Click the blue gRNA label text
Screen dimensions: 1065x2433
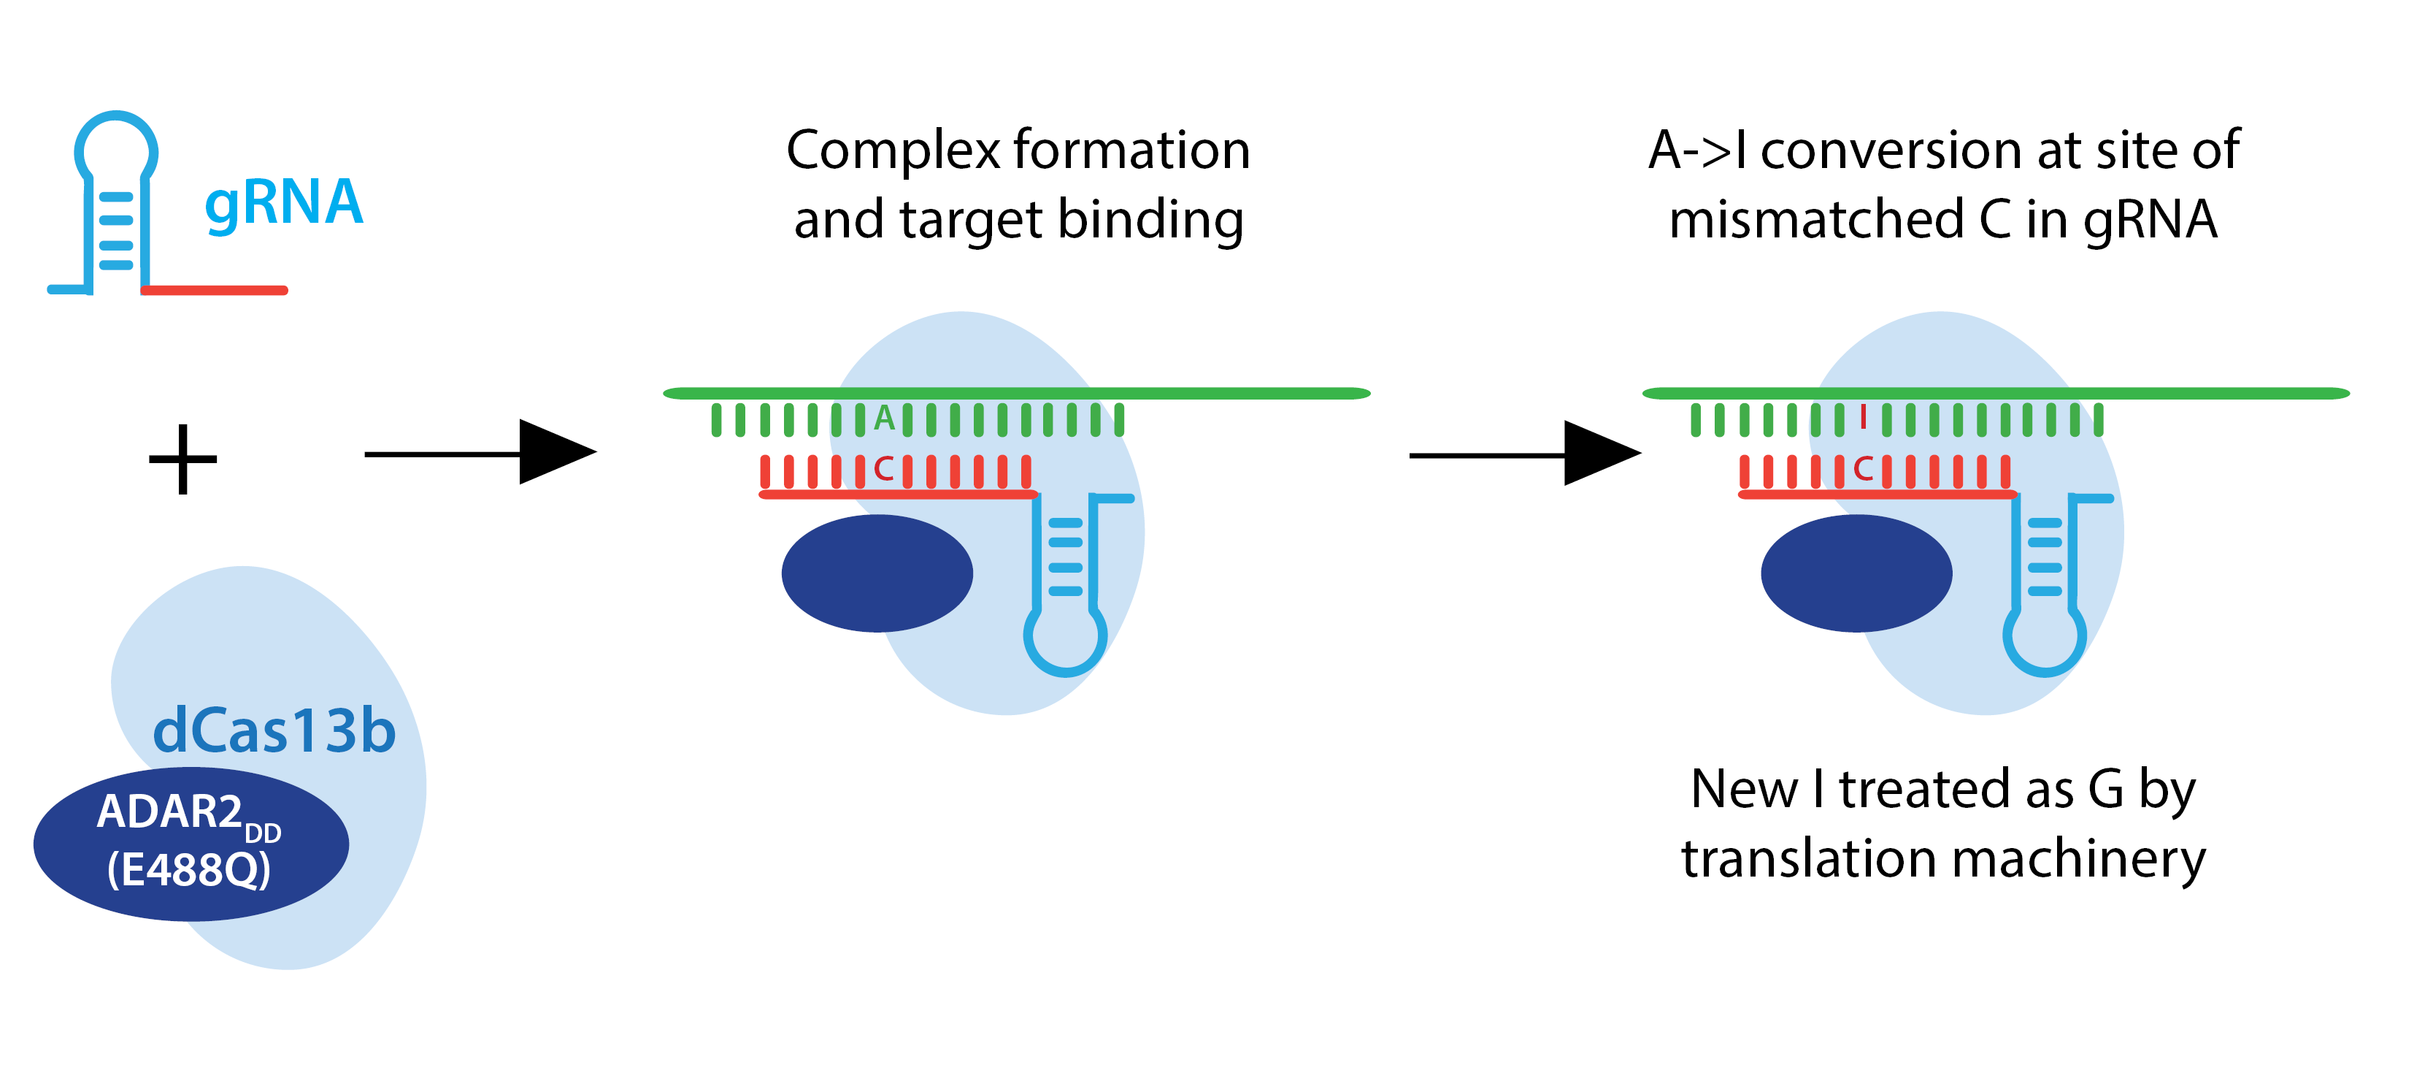pyautogui.click(x=283, y=203)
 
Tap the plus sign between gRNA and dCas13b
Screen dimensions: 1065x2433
pyautogui.click(x=183, y=459)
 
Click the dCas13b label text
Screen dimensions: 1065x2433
pyautogui.click(x=274, y=731)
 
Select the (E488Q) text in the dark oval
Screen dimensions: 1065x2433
pyautogui.click(x=189, y=869)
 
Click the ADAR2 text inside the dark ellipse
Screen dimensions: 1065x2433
pyautogui.click(x=170, y=811)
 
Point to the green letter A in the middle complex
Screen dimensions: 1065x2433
pyautogui.click(x=884, y=418)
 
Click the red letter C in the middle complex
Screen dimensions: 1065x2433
pyautogui.click(x=884, y=469)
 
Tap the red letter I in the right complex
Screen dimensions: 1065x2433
pyautogui.click(x=1863, y=417)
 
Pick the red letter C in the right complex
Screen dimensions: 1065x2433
pyautogui.click(x=1864, y=469)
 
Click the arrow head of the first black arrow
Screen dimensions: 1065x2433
pyautogui.click(x=557, y=453)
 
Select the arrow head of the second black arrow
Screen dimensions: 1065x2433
pyautogui.click(x=1602, y=454)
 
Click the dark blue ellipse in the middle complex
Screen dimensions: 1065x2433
pyautogui.click(x=877, y=573)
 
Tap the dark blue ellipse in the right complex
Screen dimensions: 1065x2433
pyautogui.click(x=1856, y=573)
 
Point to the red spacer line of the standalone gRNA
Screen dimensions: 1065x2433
pyautogui.click(x=215, y=290)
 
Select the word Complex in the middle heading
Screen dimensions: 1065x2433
pyautogui.click(x=893, y=151)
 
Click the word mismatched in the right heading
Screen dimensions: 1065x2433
pyautogui.click(x=1815, y=219)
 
